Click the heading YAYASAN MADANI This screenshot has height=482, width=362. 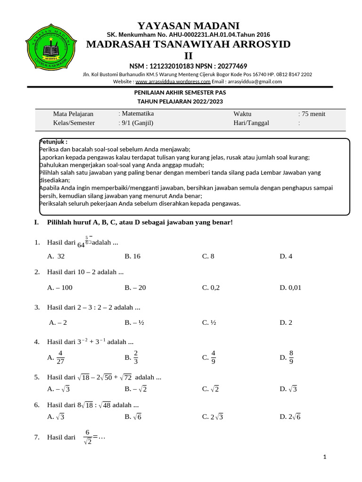[188, 25]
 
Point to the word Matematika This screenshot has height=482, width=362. [137, 113]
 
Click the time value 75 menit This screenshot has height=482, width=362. [313, 114]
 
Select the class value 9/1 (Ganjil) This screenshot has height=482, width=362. [137, 123]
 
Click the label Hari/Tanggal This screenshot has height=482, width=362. [251, 123]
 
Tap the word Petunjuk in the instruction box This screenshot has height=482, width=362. [53, 142]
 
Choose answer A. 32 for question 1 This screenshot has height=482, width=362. [56, 257]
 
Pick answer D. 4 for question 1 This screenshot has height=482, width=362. [286, 257]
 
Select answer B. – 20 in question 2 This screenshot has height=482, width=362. [135, 288]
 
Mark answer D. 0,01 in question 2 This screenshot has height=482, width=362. [290, 288]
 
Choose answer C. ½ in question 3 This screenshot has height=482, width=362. [209, 322]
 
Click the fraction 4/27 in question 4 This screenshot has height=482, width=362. [60, 357]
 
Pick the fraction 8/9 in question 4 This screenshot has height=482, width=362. [291, 357]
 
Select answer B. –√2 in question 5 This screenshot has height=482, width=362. [136, 389]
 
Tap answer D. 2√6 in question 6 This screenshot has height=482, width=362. [290, 417]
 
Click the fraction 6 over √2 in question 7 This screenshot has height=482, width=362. [87, 437]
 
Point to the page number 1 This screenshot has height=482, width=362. [325, 457]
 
